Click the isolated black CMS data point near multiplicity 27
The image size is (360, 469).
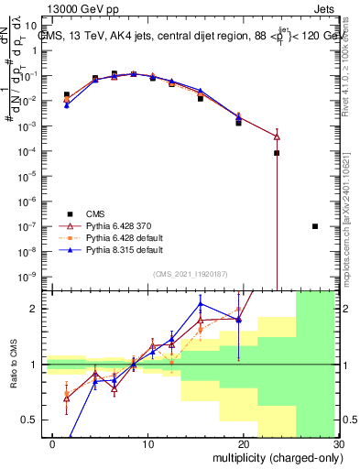[x=314, y=226]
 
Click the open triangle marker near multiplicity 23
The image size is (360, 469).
[x=277, y=136]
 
